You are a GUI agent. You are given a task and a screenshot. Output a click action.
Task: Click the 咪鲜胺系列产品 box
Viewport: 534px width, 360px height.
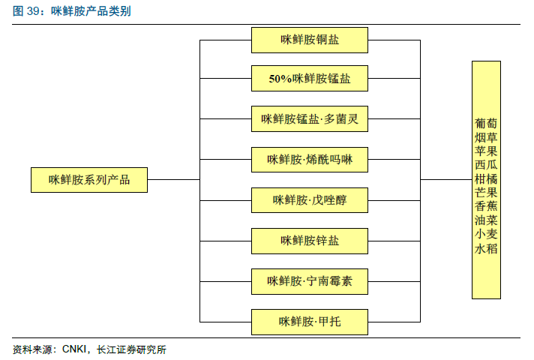[89, 180]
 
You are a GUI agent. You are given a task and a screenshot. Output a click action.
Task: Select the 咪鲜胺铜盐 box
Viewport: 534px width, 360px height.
[310, 40]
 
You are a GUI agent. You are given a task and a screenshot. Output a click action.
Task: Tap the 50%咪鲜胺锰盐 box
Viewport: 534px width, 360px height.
[310, 78]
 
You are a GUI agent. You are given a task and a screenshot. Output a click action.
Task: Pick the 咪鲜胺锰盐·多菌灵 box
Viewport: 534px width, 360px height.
[310, 118]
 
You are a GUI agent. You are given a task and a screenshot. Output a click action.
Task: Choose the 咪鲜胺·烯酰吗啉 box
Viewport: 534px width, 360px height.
[310, 160]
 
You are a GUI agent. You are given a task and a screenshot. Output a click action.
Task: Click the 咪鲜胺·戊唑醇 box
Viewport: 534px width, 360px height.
[310, 200]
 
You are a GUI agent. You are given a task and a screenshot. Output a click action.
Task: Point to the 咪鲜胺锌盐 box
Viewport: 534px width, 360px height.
[310, 241]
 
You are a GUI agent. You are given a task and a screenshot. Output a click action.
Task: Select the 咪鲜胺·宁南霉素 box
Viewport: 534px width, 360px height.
[310, 282]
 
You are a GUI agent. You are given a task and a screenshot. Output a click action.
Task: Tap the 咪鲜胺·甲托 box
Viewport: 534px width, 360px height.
[310, 322]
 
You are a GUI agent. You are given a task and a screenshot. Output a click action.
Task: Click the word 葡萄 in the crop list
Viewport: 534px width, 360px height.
[486, 123]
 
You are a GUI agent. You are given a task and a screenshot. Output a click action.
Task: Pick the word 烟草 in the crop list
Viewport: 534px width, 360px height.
[486, 137]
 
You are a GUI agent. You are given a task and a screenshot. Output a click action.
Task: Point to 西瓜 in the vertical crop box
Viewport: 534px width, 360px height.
[486, 165]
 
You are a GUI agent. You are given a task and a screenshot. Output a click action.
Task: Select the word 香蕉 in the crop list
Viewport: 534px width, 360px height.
[486, 206]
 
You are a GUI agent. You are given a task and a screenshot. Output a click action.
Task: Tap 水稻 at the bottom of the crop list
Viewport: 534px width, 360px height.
[486, 248]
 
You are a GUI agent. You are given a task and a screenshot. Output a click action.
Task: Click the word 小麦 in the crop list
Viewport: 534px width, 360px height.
[486, 234]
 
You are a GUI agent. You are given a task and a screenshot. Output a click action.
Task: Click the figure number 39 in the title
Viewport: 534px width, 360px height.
[33, 11]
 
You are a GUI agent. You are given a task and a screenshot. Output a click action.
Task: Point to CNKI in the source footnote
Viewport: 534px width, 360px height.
[74, 349]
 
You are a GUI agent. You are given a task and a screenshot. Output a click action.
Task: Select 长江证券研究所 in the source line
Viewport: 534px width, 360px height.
[131, 349]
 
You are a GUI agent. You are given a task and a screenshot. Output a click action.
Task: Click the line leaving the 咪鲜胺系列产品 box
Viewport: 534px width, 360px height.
[174, 179]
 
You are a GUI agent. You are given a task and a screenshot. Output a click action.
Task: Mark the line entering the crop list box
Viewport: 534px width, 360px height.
[446, 179]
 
